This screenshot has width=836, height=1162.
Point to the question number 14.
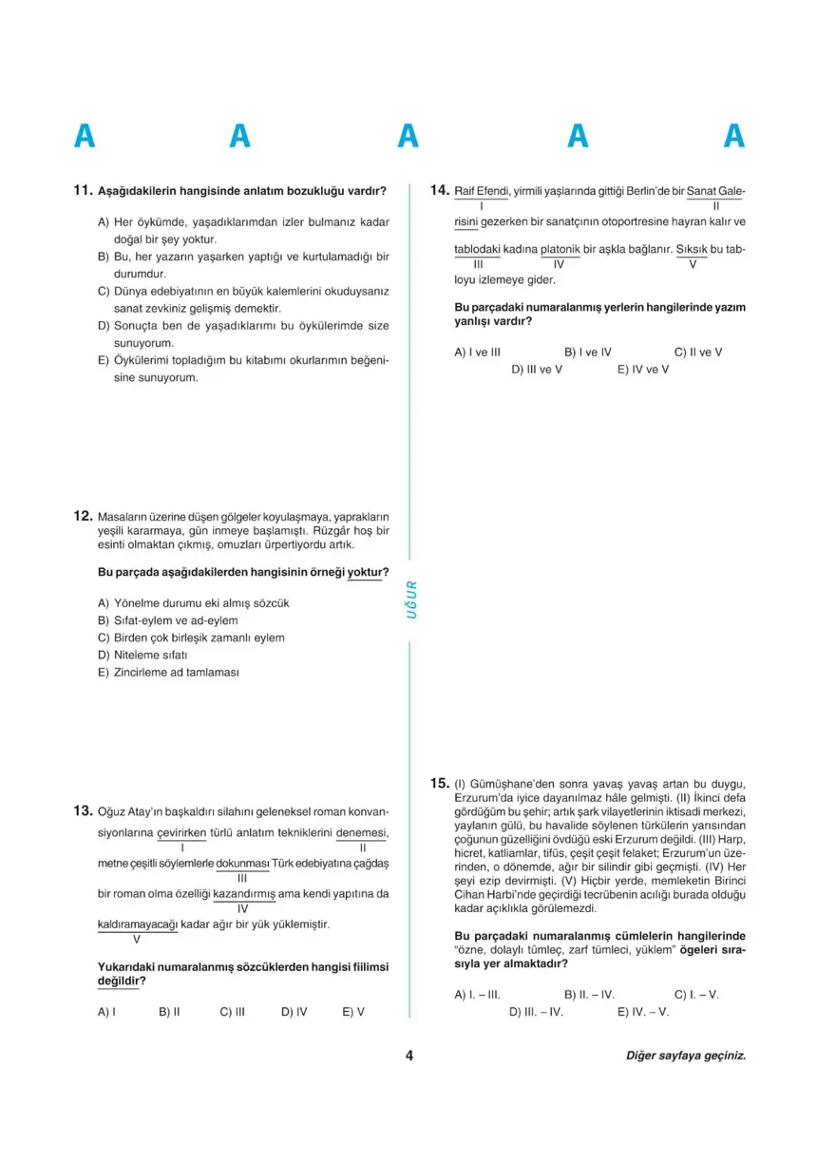point(439,190)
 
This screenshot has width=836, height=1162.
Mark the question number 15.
point(439,783)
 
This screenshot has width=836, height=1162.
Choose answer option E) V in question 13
point(353,1012)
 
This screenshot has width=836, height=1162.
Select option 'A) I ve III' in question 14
point(477,352)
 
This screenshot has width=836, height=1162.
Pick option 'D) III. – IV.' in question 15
point(537,1012)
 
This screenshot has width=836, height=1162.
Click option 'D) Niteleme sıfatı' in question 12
point(144,655)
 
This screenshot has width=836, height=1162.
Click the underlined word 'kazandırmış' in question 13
point(243,894)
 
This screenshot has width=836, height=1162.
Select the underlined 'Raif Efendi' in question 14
point(483,191)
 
